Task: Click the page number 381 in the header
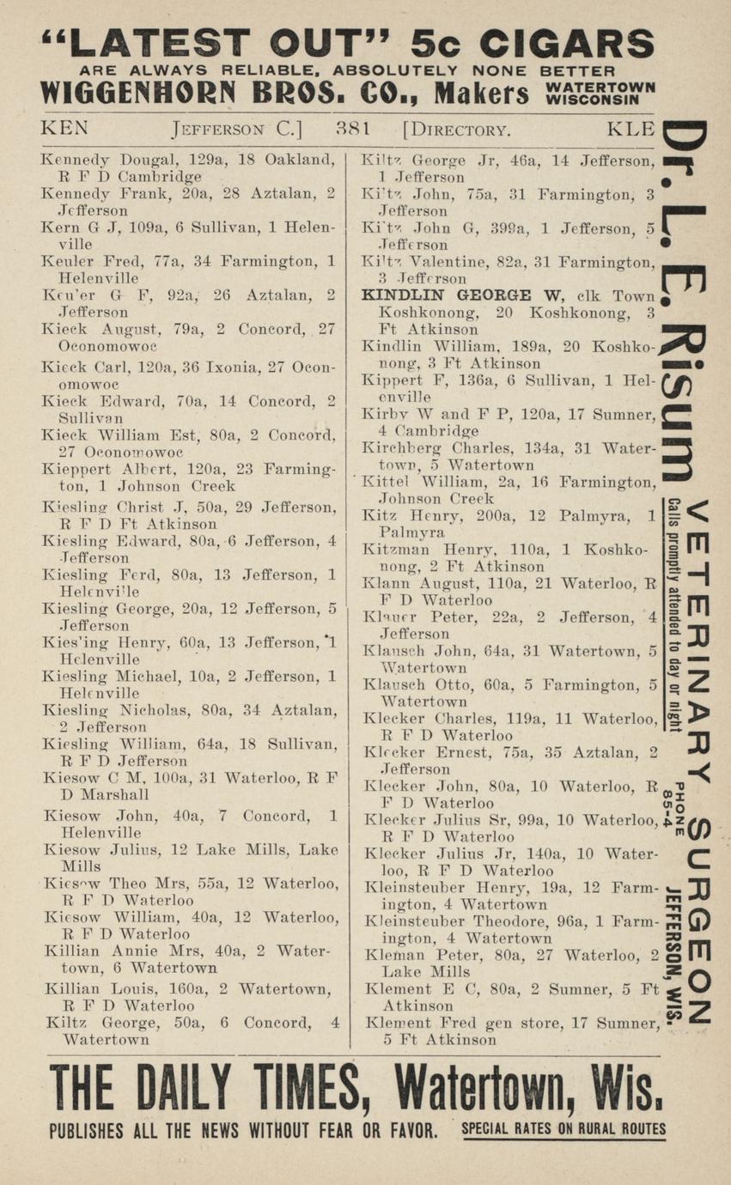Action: point(353,130)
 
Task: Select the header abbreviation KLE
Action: point(631,130)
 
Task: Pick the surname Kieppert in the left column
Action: point(74,469)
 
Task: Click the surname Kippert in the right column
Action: point(387,380)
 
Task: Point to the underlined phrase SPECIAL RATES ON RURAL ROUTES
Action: point(563,1128)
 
